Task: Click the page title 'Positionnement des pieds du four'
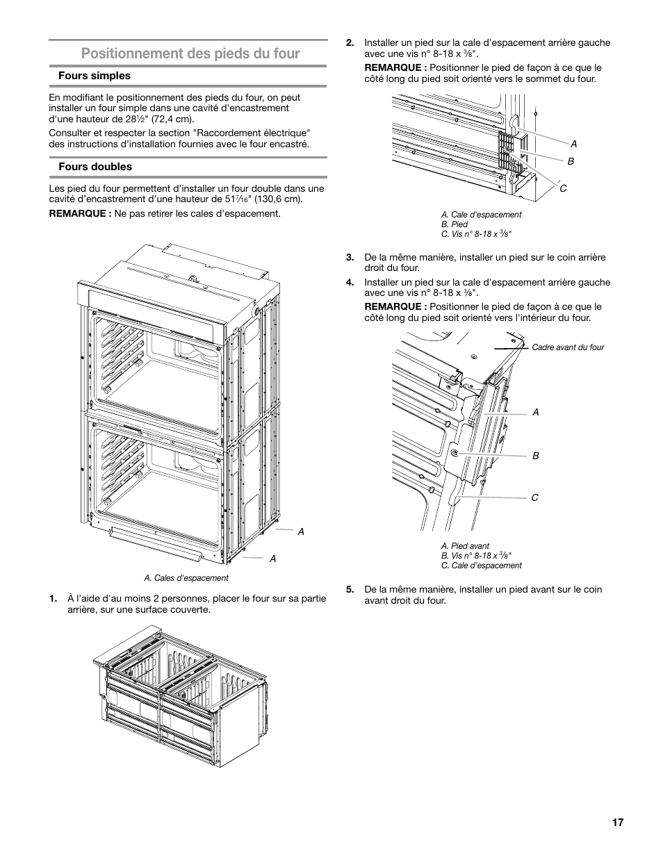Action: coord(190,53)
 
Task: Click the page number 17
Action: coord(618,823)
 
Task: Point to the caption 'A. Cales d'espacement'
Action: coord(186,578)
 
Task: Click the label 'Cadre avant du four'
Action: coord(568,347)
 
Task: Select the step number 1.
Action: coord(53,599)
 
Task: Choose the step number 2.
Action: coord(350,42)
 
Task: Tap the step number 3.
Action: coord(350,257)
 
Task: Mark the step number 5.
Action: coord(350,589)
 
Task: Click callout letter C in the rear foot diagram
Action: coord(564,188)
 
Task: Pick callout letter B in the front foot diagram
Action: coord(536,456)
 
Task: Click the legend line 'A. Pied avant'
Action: coord(465,546)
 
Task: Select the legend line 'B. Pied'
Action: coord(455,224)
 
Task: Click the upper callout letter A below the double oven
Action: coord(301,531)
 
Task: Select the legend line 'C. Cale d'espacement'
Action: coord(481,566)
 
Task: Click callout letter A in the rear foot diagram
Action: coord(575,144)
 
